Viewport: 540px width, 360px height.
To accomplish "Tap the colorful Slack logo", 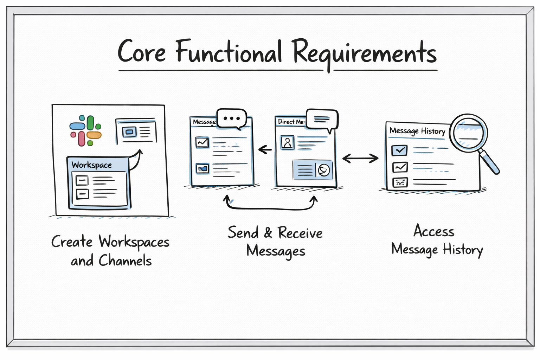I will pyautogui.click(x=85, y=130).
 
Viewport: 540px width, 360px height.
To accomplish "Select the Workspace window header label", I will pyautogui.click(x=92, y=165).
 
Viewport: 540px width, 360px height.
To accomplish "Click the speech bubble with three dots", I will pyautogui.click(x=231, y=118).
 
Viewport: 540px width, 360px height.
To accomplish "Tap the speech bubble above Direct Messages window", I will pyautogui.click(x=322, y=120).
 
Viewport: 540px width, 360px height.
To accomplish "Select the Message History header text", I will pyautogui.click(x=417, y=131).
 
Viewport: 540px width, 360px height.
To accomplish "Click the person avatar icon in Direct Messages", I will pyautogui.click(x=287, y=142).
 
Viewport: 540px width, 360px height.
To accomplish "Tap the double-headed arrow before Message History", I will pyautogui.click(x=360, y=159).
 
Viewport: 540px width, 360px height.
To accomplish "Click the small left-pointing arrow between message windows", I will pyautogui.click(x=265, y=150).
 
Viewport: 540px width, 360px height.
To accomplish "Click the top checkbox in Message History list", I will pyautogui.click(x=399, y=150).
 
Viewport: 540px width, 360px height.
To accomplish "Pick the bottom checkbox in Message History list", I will pyautogui.click(x=399, y=182).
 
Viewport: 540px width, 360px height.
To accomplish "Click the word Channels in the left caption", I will pyautogui.click(x=125, y=261).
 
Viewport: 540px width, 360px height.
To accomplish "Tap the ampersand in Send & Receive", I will pyautogui.click(x=268, y=233).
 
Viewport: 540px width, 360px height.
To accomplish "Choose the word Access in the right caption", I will pyautogui.click(x=434, y=231).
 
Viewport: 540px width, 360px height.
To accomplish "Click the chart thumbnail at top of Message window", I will pyautogui.click(x=202, y=142).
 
